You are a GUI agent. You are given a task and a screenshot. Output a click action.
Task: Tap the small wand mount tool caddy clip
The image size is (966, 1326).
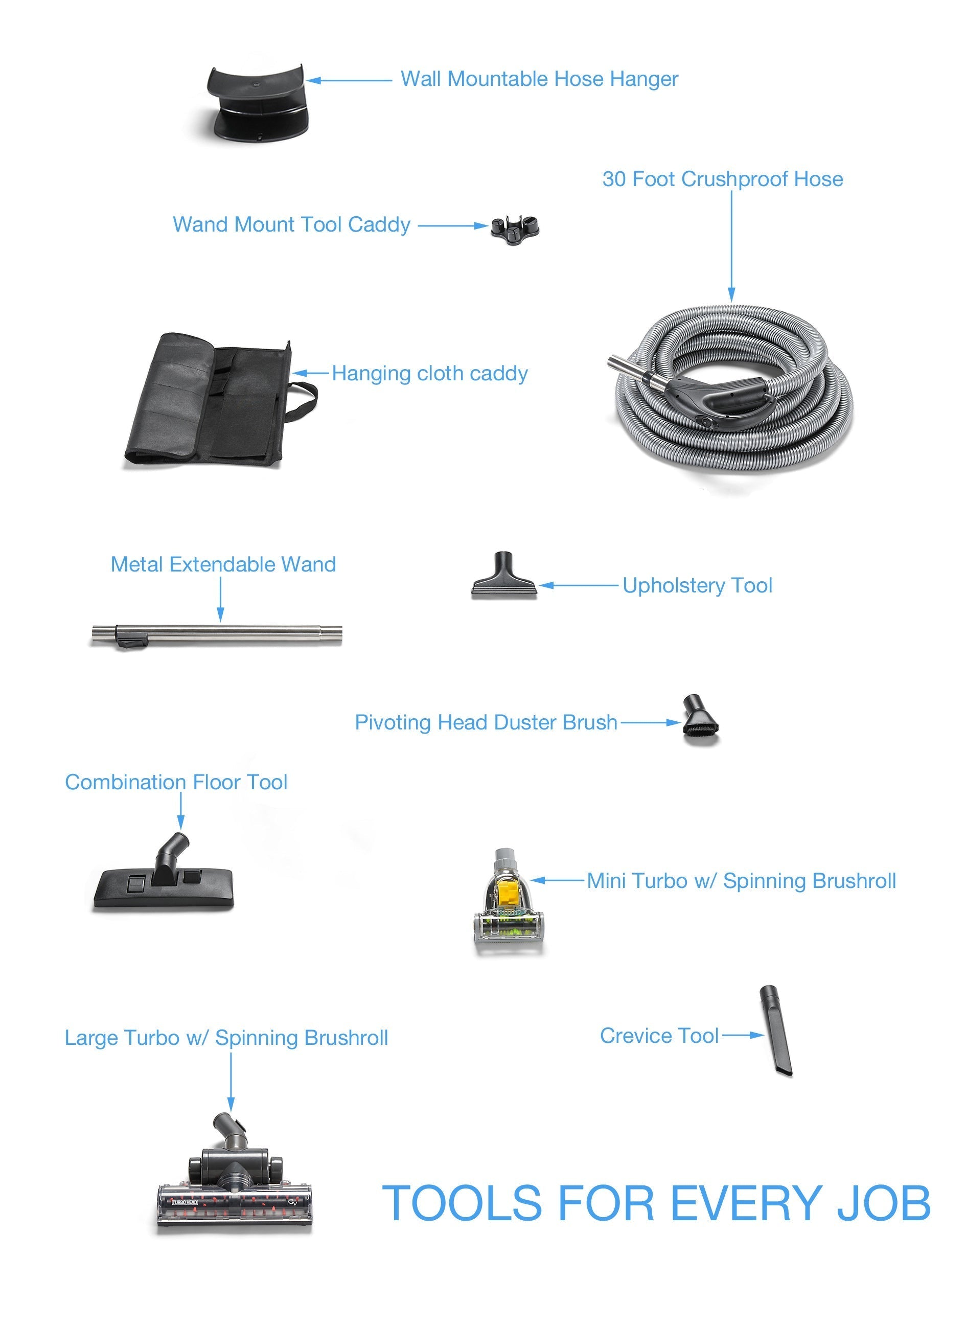pos(515,228)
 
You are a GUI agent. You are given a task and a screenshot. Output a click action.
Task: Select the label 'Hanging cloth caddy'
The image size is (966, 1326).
pos(430,374)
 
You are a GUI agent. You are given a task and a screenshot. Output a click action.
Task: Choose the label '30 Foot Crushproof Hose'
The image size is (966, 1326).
pos(723,179)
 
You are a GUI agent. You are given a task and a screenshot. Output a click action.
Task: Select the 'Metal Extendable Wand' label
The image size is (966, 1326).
pos(223,565)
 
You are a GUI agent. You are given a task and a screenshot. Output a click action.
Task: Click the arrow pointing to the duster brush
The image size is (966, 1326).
pos(650,723)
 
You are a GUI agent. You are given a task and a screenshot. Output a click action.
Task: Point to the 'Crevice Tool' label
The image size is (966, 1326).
pos(659,1036)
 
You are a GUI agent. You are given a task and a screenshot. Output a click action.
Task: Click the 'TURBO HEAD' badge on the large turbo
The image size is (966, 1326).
pos(185,1203)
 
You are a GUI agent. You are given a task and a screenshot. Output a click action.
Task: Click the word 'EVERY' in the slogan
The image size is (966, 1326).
pos(746,1203)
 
